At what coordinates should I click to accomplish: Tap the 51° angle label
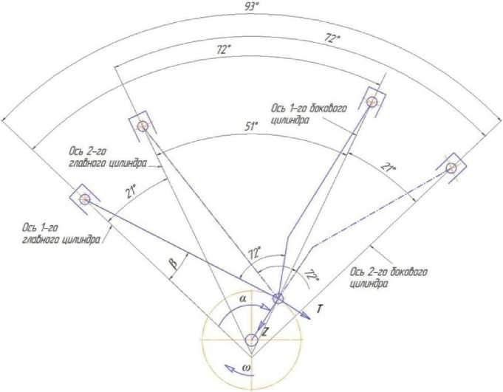[x=252, y=126]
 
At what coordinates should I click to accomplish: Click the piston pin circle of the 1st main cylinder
[x=84, y=199]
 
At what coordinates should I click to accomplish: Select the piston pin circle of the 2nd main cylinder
[x=143, y=126]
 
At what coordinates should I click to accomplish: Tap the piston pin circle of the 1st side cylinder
[x=372, y=100]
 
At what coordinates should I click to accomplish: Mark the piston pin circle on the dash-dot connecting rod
[x=452, y=168]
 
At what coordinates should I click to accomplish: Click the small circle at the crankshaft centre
[x=251, y=340]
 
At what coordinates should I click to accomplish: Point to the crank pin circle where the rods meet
[x=278, y=298]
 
